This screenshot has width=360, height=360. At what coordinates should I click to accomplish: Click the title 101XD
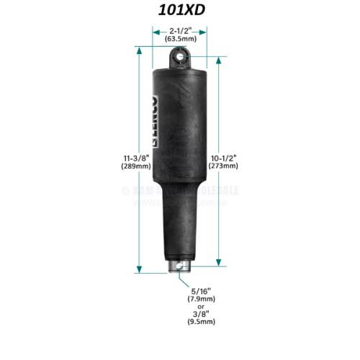tap(179, 10)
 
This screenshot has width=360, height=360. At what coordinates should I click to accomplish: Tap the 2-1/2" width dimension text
tap(180, 32)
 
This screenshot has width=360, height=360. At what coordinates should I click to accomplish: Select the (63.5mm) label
tap(180, 40)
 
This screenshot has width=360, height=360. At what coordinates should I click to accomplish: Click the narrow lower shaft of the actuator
tap(179, 230)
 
